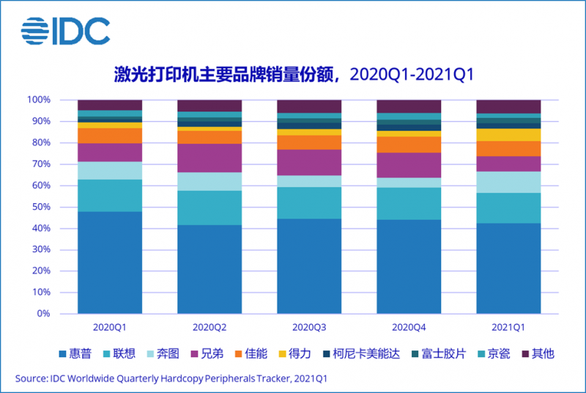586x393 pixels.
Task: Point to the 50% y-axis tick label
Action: coord(40,207)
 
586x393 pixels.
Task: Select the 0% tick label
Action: coord(42,314)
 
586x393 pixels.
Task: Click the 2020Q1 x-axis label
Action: coord(110,325)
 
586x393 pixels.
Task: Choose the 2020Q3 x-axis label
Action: coord(309,325)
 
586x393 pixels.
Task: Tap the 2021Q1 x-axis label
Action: coord(508,325)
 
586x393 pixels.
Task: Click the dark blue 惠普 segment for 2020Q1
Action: coord(110,262)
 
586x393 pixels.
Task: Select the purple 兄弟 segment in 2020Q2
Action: coord(209,158)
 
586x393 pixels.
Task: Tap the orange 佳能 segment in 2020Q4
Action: coord(409,144)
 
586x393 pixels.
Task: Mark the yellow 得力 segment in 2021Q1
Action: coord(508,135)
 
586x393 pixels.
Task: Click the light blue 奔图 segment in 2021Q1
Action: coord(508,182)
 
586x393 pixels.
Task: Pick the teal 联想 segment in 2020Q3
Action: coord(309,202)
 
